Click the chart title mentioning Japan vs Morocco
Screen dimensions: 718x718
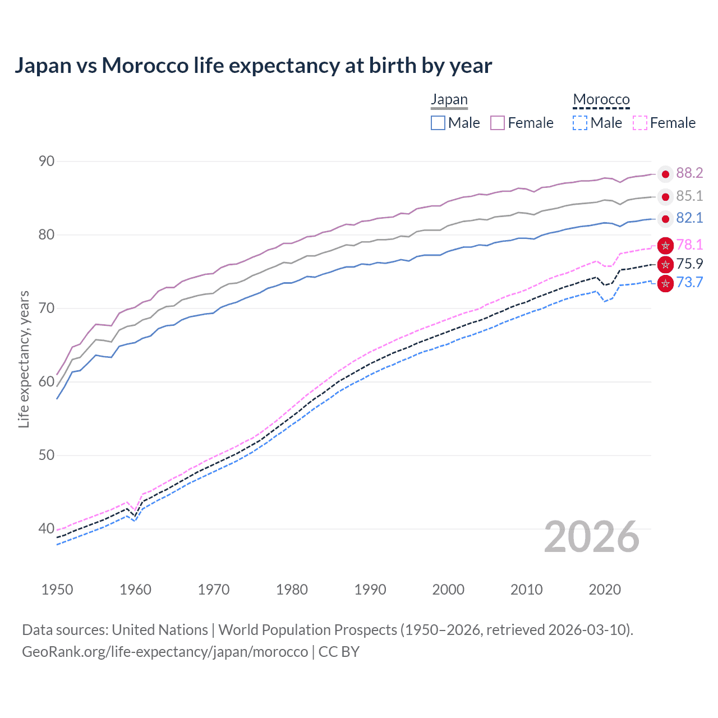tap(253, 66)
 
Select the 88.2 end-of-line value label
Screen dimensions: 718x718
tap(689, 173)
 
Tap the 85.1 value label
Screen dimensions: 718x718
tap(689, 196)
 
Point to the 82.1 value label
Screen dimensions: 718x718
tap(689, 218)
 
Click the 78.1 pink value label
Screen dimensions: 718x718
tap(689, 245)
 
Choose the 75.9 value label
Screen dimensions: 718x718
tap(689, 264)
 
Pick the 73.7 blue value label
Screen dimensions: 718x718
tap(689, 282)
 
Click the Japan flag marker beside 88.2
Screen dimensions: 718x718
tap(665, 174)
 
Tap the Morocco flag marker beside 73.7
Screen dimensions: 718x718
tap(665, 284)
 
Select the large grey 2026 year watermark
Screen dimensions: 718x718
tap(592, 537)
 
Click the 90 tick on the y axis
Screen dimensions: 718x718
tap(47, 162)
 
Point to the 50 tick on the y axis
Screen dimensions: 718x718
tap(47, 455)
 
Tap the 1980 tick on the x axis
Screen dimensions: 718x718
tap(292, 590)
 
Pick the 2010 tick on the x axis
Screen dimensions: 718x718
tap(526, 590)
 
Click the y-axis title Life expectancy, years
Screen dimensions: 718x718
tap(24, 359)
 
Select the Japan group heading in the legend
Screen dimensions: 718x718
tap(449, 100)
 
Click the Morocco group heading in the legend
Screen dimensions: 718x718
tap(601, 100)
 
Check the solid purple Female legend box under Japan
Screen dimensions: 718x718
tap(498, 123)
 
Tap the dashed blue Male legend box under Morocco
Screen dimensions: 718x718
tap(579, 123)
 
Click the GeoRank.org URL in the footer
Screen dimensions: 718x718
tap(165, 652)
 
